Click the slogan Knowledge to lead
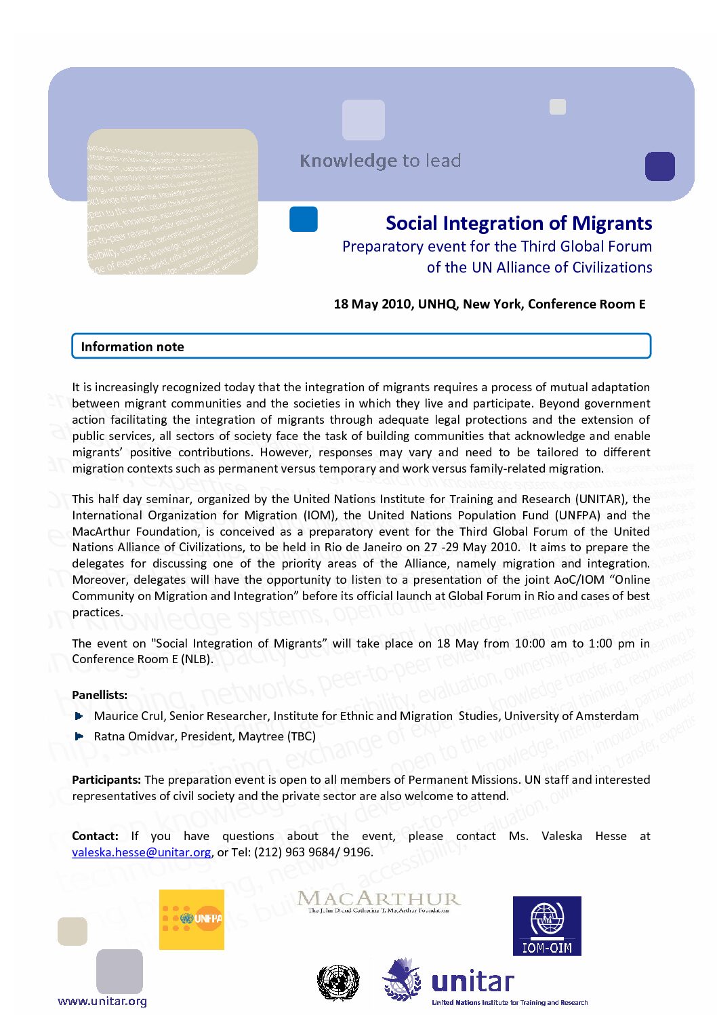(380, 161)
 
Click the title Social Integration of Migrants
(518, 223)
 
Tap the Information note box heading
(132, 346)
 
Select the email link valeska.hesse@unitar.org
(142, 852)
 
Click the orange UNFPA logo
(192, 919)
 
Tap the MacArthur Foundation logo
(379, 902)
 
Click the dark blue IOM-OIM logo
(547, 926)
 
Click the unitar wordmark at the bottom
(472, 982)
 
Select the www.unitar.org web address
(102, 1001)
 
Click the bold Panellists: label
(100, 695)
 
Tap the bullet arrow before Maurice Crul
(79, 716)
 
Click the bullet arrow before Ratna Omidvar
(79, 736)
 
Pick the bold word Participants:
(106, 780)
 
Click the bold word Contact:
(95, 836)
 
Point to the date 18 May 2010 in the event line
(372, 304)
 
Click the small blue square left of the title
(304, 219)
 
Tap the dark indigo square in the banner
(659, 166)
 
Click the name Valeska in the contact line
(561, 836)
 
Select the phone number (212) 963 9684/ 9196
(312, 852)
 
